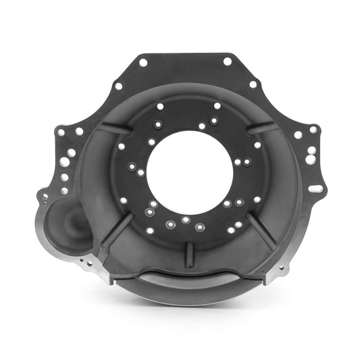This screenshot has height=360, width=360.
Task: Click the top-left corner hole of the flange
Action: (143, 62)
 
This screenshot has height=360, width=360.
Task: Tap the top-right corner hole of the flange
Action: (228, 61)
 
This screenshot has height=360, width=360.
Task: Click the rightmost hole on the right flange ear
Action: (313, 130)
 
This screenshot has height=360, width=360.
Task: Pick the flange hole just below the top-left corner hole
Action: (118, 86)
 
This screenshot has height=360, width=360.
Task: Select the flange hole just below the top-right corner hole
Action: (253, 85)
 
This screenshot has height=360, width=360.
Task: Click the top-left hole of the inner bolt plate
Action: (159, 106)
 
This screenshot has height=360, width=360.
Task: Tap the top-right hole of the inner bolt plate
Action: (217, 105)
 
